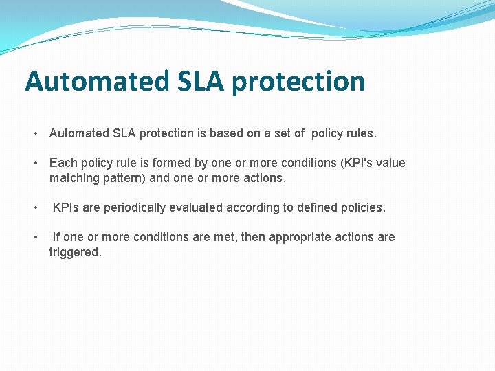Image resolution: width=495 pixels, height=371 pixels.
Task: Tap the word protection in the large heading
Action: click(298, 81)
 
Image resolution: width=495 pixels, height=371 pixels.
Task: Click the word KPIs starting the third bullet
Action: click(66, 207)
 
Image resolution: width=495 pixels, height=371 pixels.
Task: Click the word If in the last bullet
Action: click(56, 237)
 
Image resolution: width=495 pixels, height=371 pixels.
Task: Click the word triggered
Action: click(75, 252)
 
